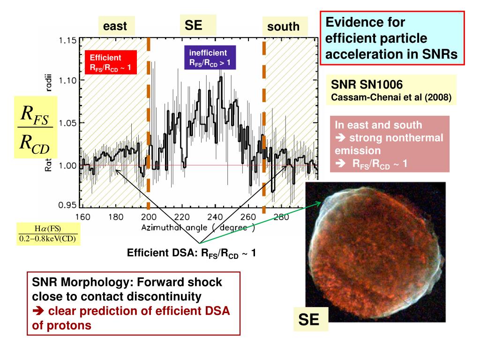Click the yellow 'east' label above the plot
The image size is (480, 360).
click(115, 26)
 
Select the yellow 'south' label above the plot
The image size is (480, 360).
click(283, 27)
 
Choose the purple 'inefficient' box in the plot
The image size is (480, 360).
click(210, 58)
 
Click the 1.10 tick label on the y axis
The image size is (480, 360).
click(68, 80)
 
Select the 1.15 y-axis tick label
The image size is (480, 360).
click(68, 40)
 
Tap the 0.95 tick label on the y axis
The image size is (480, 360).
click(68, 205)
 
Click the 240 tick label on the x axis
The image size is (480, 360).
click(215, 217)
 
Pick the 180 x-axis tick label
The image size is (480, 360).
click(116, 217)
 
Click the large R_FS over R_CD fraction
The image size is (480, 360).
click(35, 127)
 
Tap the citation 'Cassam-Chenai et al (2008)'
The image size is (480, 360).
click(391, 98)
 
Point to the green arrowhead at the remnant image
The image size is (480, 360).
click(320, 203)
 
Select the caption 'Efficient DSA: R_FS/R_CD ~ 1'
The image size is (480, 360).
click(191, 254)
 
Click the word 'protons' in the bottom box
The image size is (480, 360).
click(68, 326)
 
